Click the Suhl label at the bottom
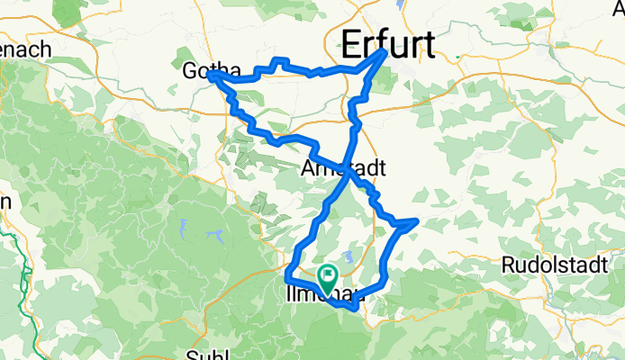click(207, 353)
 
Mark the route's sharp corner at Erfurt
click(385, 52)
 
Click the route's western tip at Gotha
click(210, 76)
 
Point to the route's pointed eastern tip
click(415, 220)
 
